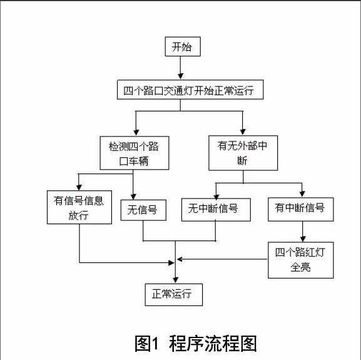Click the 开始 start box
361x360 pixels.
[183, 46]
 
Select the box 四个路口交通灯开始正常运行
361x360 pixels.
[190, 90]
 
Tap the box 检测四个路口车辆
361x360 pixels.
[135, 153]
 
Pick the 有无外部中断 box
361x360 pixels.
[243, 153]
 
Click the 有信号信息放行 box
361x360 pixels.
[79, 207]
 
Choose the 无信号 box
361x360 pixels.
[143, 210]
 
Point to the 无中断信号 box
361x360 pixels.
[216, 210]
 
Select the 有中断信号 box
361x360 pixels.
[301, 209]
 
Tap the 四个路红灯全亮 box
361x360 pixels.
[301, 260]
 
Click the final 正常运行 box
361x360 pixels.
[174, 295]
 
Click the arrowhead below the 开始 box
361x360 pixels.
[180, 76]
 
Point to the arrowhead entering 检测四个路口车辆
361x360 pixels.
[136, 133]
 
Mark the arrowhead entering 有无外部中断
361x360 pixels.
[243, 131]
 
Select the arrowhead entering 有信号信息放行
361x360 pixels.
[79, 187]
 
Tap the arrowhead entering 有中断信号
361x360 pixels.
[302, 194]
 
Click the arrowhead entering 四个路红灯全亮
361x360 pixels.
[303, 239]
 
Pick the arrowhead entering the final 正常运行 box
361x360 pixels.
[175, 280]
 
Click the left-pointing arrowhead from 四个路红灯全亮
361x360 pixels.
[180, 259]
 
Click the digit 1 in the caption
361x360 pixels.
[155, 344]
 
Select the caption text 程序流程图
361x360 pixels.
[213, 344]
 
